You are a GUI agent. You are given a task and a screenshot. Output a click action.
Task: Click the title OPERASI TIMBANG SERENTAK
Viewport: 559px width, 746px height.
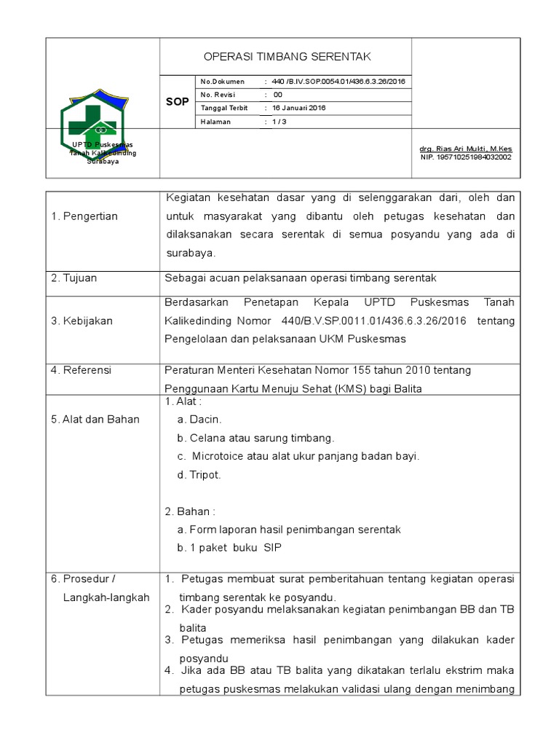pos(286,57)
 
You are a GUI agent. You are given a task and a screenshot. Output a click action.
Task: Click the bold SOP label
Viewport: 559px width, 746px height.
pos(177,102)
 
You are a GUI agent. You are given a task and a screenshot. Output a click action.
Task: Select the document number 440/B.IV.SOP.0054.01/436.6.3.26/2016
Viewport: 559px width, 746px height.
pos(339,82)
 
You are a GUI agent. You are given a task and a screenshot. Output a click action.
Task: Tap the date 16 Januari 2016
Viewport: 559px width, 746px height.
pos(299,108)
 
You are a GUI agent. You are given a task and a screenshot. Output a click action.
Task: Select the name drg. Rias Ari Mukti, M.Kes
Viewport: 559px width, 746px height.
pos(466,149)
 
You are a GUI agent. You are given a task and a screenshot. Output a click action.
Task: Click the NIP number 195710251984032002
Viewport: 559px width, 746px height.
pos(466,157)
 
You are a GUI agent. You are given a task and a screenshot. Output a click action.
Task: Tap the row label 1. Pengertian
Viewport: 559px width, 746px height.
pos(84,216)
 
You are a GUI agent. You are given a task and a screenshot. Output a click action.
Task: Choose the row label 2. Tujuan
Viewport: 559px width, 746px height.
pos(74,278)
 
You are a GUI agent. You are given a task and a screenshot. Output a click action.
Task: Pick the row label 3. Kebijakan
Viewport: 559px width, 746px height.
pos(82,321)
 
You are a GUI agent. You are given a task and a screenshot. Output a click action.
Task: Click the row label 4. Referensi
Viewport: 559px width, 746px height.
pos(81,370)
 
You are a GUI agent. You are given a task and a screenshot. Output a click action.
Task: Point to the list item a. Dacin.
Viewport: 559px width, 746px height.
pos(199,420)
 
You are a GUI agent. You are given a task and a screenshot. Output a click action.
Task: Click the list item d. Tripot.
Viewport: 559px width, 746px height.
pos(199,474)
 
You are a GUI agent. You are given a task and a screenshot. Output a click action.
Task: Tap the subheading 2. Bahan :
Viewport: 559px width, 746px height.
pos(190,511)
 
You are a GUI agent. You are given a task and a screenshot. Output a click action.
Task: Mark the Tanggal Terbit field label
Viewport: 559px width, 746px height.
pos(225,108)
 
